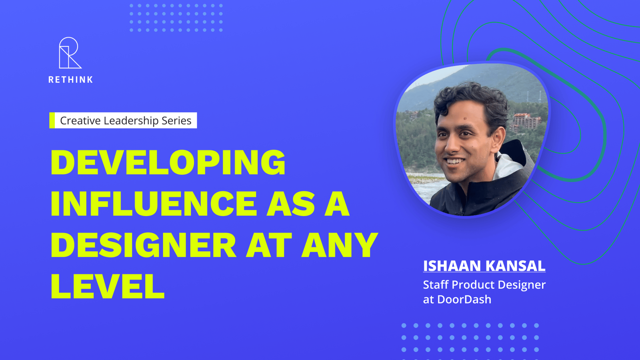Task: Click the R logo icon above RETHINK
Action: tap(70, 53)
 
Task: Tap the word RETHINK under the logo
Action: tap(70, 80)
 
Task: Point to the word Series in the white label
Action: tap(176, 120)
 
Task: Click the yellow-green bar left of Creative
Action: tap(52, 120)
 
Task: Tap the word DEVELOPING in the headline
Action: tap(168, 162)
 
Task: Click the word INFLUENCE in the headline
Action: tap(154, 204)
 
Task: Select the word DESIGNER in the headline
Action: tap(144, 245)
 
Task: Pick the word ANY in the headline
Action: tap(340, 245)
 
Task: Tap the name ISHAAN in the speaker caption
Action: tap(452, 266)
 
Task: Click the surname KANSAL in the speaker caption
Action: tap(516, 266)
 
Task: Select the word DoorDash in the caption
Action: tap(464, 300)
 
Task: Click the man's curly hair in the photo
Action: tap(472, 97)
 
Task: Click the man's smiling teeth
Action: tap(455, 162)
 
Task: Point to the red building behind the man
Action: tap(525, 122)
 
